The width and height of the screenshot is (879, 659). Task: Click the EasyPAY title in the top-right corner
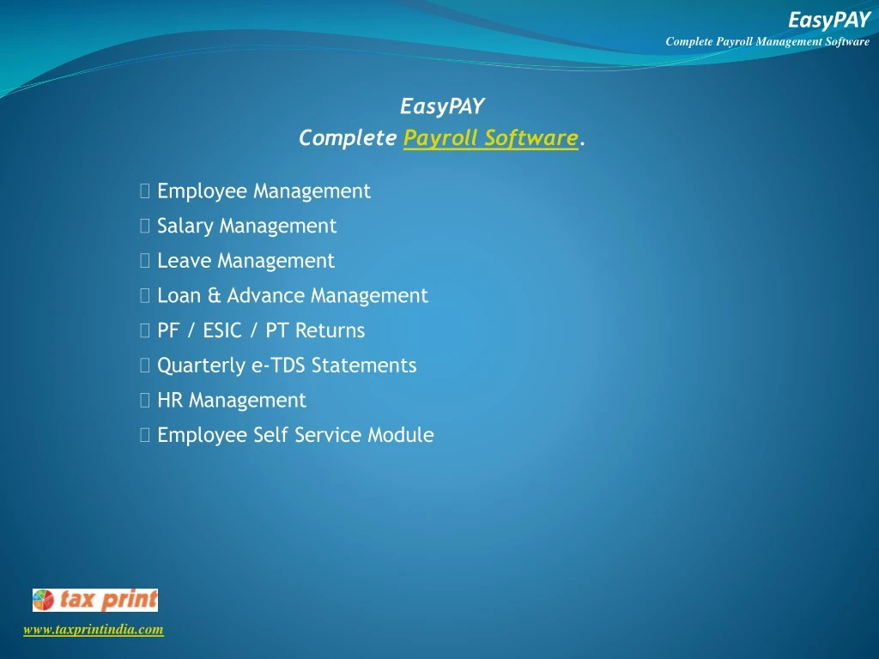pyautogui.click(x=828, y=20)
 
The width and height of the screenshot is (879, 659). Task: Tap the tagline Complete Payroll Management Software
pyautogui.click(x=767, y=41)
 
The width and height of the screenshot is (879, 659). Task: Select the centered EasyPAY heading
pyautogui.click(x=442, y=106)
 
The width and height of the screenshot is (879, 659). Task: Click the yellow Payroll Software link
pyautogui.click(x=491, y=138)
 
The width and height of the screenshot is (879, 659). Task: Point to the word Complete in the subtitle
pyautogui.click(x=348, y=138)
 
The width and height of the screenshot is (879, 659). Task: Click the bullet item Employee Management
pyautogui.click(x=264, y=191)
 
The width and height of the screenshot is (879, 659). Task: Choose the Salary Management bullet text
pyautogui.click(x=246, y=227)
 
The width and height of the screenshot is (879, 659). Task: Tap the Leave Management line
pyautogui.click(x=246, y=261)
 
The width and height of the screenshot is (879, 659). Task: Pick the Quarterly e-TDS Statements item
pyautogui.click(x=287, y=366)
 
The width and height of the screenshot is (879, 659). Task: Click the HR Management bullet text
pyautogui.click(x=231, y=401)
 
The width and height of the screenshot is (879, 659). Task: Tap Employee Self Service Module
pyautogui.click(x=295, y=435)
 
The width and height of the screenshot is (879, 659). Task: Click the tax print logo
pyautogui.click(x=95, y=600)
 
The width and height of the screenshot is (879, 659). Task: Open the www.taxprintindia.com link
pyautogui.click(x=93, y=630)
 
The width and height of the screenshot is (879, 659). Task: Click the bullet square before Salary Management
pyautogui.click(x=144, y=227)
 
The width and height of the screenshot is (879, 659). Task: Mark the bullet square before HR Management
pyautogui.click(x=144, y=401)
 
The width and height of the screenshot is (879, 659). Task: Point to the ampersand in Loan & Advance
pyautogui.click(x=214, y=296)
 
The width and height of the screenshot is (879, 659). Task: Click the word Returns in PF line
pyautogui.click(x=330, y=331)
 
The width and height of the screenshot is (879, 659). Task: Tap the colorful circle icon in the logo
pyautogui.click(x=44, y=600)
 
